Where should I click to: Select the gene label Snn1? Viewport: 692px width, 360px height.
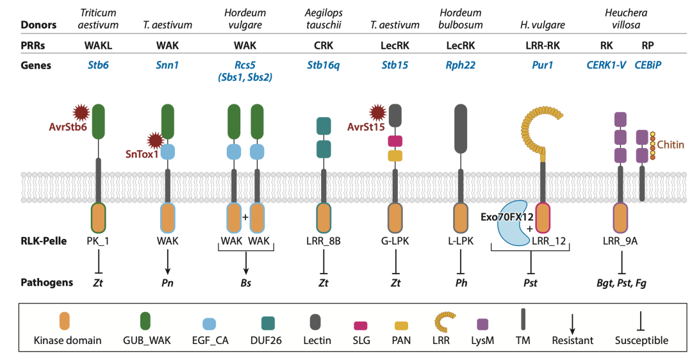pos(167,65)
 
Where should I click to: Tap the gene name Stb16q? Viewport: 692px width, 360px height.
pos(322,65)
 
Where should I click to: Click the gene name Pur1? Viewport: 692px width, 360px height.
pos(542,65)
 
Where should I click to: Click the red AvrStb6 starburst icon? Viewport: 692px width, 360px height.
pos(81,113)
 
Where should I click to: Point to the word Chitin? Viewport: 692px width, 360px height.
pos(670,145)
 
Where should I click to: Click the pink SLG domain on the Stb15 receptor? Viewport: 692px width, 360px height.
pos(395,140)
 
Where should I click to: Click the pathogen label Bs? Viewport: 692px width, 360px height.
pos(245,282)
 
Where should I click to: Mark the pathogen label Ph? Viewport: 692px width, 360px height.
pos(461,282)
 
